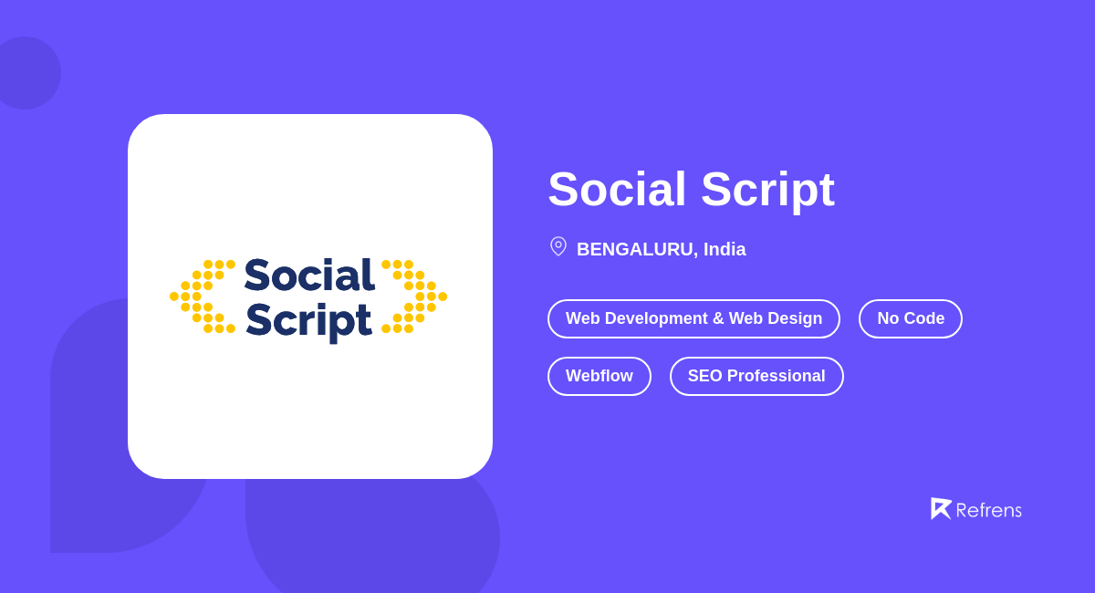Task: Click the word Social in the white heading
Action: pyautogui.click(x=617, y=190)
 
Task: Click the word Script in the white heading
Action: pyautogui.click(x=767, y=190)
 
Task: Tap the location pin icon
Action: pyautogui.click(x=558, y=246)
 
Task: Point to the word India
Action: pyautogui.click(x=725, y=249)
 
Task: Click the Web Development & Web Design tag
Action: pyautogui.click(x=693, y=318)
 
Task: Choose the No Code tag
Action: pyautogui.click(x=910, y=318)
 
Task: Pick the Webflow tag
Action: pyautogui.click(x=599, y=376)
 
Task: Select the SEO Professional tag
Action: pyautogui.click(x=756, y=376)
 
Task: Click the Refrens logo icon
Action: pyautogui.click(x=940, y=508)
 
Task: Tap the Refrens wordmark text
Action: pyautogui.click(x=988, y=510)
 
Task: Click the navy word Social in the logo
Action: pyautogui.click(x=309, y=276)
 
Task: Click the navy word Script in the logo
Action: pyautogui.click(x=309, y=319)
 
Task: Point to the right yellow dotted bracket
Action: pyautogui.click(x=416, y=296)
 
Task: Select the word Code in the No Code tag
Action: pyautogui.click(x=924, y=318)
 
